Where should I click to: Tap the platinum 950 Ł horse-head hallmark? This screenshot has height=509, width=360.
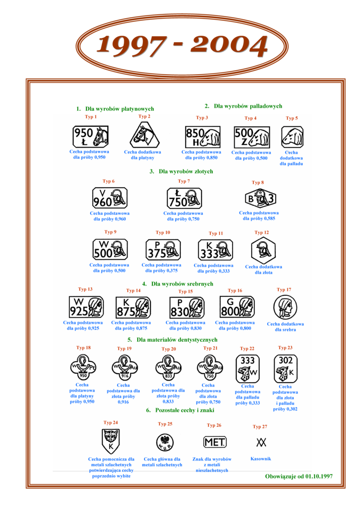point(90,136)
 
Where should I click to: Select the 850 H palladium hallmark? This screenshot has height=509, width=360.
point(203,137)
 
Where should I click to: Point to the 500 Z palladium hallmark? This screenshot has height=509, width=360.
point(252,138)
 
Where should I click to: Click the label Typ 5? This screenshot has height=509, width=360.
point(292,118)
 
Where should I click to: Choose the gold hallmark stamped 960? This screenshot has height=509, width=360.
point(109,198)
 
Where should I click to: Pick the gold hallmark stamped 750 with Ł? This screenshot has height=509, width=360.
point(184,198)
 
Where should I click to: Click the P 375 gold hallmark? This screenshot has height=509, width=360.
point(163,249)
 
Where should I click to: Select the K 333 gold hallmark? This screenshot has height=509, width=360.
point(215,249)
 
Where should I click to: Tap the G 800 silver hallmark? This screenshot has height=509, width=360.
point(236,308)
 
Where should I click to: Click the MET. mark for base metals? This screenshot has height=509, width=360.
point(215,442)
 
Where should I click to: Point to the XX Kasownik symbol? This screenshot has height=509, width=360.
point(261,442)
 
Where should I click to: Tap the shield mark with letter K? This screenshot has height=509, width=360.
point(111,441)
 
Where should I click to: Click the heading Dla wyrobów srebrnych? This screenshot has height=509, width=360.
point(178,284)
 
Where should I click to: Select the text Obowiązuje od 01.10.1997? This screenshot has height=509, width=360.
point(299,476)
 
